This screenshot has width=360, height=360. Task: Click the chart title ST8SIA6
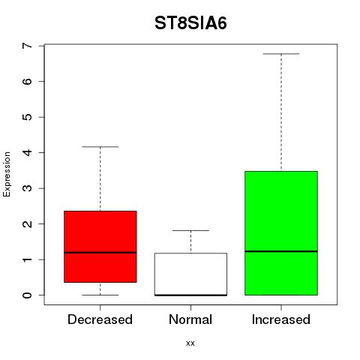(x=190, y=23)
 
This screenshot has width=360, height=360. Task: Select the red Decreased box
(x=100, y=247)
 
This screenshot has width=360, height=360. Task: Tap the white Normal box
(x=190, y=274)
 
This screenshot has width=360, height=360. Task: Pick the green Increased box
(x=281, y=233)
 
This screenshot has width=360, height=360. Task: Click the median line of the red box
(x=100, y=253)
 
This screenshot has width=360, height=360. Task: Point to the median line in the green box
(x=281, y=251)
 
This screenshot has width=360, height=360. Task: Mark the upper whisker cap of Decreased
(x=100, y=147)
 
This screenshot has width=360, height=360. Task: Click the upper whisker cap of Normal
(x=190, y=230)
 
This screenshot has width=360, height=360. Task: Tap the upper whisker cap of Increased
(x=281, y=54)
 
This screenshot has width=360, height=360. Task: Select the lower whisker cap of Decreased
(x=100, y=295)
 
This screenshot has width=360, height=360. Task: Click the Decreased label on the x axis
(x=100, y=319)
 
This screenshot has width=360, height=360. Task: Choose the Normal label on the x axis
(x=190, y=319)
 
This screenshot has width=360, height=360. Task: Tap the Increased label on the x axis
(x=281, y=319)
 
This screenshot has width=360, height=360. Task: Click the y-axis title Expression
(x=7, y=174)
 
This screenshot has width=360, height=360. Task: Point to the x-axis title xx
(x=190, y=343)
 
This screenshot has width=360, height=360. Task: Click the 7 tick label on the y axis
(x=27, y=46)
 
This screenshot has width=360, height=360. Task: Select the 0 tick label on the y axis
(x=27, y=295)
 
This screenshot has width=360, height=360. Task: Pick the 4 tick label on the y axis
(x=27, y=152)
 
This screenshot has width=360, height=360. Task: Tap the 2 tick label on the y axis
(x=27, y=223)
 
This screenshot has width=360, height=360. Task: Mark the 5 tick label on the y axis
(x=27, y=117)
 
